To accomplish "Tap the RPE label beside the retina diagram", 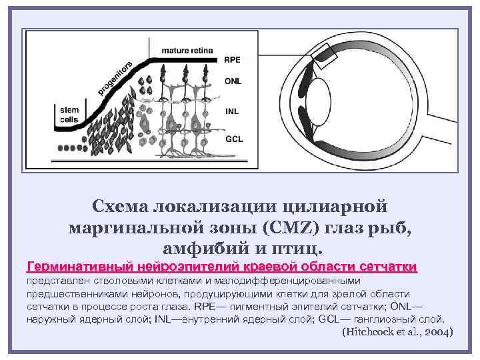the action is (232, 60).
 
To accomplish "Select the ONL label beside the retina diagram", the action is (233, 81).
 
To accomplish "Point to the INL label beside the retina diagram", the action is (231, 111).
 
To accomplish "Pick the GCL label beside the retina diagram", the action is (233, 140).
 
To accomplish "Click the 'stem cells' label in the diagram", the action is (69, 115).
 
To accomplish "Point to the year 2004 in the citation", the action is (437, 331).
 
